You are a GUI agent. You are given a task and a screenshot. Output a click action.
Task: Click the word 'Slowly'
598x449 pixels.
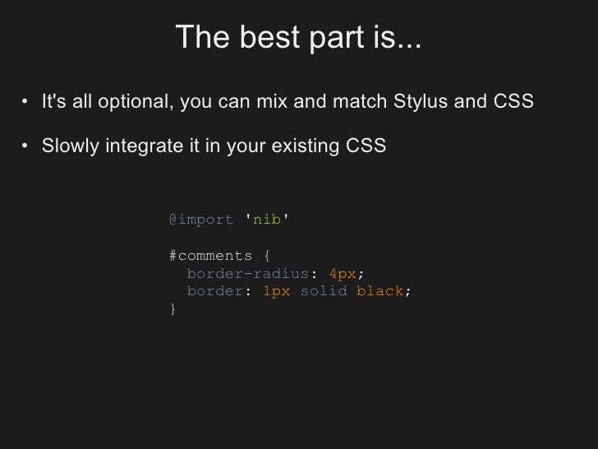69,147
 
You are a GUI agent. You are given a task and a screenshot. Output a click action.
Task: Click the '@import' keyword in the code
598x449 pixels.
201,220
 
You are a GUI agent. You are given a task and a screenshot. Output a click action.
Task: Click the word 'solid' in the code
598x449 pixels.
324,292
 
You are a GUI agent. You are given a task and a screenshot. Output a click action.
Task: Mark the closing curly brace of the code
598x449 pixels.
172,310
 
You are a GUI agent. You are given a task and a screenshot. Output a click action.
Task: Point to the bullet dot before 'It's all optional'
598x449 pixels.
27,104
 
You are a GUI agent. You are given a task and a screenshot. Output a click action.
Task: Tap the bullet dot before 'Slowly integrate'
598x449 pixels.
27,148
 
